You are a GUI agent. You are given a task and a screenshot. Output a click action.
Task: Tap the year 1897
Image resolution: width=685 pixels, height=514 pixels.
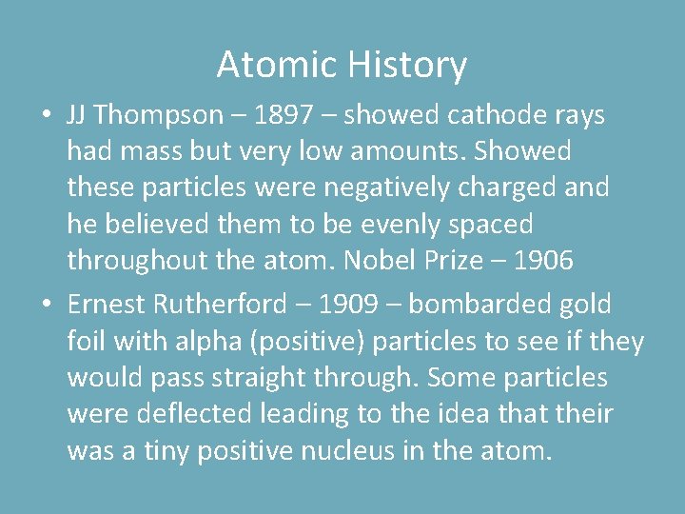click(x=286, y=115)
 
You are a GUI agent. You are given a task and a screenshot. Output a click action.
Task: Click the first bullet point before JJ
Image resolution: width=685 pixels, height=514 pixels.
click(x=46, y=116)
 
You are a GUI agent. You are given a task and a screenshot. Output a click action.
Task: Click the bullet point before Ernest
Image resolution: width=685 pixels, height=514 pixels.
click(x=46, y=306)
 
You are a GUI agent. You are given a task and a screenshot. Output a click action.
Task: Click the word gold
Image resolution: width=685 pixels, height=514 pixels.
click(x=588, y=305)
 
